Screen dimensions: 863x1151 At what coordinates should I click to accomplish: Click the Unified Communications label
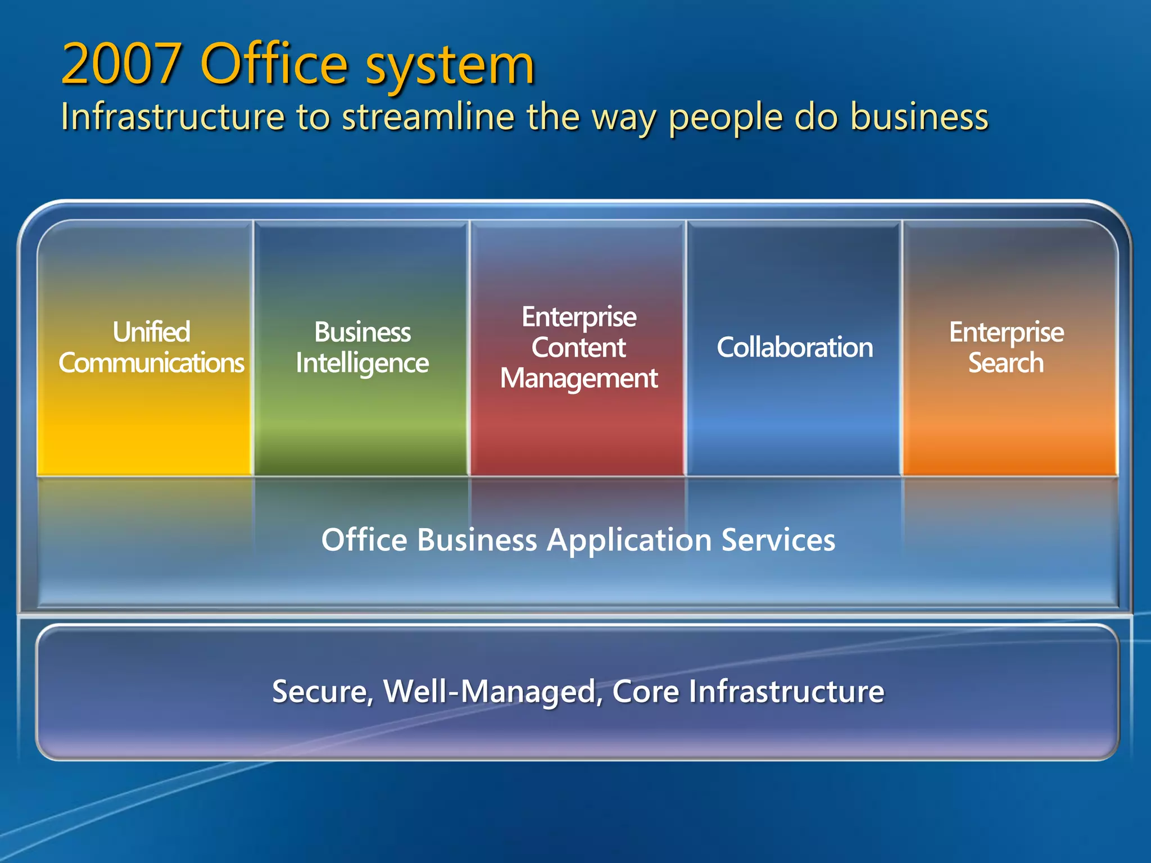152,347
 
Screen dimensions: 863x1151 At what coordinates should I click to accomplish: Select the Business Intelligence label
362,348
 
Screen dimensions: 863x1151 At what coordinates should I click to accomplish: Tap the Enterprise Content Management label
579,347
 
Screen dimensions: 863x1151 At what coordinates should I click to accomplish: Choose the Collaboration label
795,347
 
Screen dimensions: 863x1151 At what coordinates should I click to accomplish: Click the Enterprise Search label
1006,347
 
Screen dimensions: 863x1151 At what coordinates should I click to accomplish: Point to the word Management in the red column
579,378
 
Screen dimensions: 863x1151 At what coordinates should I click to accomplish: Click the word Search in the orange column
1006,363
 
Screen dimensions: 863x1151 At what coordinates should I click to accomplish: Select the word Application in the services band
629,540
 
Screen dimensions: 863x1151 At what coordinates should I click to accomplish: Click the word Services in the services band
778,540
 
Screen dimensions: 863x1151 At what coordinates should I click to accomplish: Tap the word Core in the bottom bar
646,691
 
